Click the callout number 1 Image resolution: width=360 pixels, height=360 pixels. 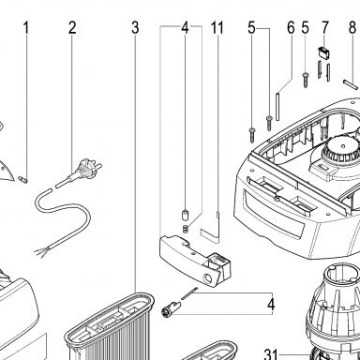[x=26, y=28]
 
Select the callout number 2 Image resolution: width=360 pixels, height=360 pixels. [x=72, y=28]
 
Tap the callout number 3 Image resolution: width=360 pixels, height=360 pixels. [x=135, y=28]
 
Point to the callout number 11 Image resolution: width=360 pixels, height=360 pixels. [x=217, y=28]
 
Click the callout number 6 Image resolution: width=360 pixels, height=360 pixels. [x=291, y=28]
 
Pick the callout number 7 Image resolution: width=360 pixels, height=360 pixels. [x=325, y=28]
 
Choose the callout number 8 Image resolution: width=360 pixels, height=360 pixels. [x=352, y=28]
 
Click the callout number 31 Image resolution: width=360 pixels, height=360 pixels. [x=271, y=354]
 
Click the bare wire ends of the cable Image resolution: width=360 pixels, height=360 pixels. [x=40, y=250]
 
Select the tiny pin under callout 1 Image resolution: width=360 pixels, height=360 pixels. [x=23, y=179]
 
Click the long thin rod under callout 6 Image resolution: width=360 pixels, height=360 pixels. [x=277, y=106]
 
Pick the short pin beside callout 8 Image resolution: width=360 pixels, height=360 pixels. [x=350, y=84]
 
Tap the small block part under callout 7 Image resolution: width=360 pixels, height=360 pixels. [x=323, y=52]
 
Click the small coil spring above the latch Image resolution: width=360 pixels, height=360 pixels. [x=186, y=229]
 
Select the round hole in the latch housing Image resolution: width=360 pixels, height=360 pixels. [x=206, y=277]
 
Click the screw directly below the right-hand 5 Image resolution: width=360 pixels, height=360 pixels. [x=306, y=80]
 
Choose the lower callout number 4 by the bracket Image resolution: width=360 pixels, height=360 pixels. [x=271, y=305]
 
